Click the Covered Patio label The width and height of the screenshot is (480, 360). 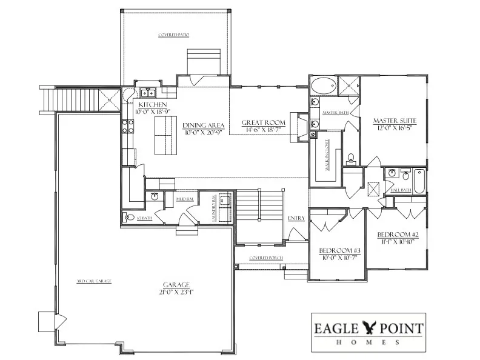pos(173,35)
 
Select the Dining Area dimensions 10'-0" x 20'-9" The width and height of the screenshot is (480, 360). pos(203,133)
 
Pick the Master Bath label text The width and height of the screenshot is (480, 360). pos(335,113)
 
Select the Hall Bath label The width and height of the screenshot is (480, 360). pos(401,190)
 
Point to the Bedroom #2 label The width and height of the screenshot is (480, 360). pos(395,235)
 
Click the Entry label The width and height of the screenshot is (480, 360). pos(296,218)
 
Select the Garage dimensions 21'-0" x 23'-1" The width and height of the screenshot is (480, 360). pos(176,292)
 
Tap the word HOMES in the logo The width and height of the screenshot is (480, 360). pos(368,342)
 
